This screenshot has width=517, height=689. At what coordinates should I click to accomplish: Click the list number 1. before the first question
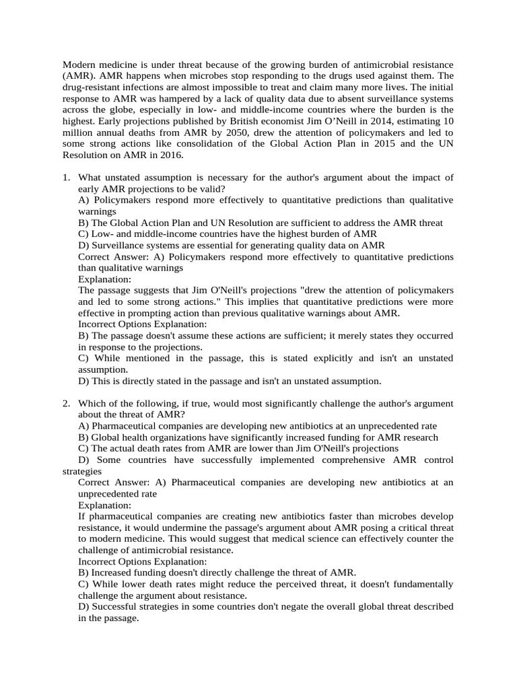pos(67,178)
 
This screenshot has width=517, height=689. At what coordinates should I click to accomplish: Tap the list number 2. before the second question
pos(67,403)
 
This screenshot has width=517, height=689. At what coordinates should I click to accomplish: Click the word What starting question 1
pos(91,178)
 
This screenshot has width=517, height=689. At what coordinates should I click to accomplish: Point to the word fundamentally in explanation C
pos(420,584)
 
